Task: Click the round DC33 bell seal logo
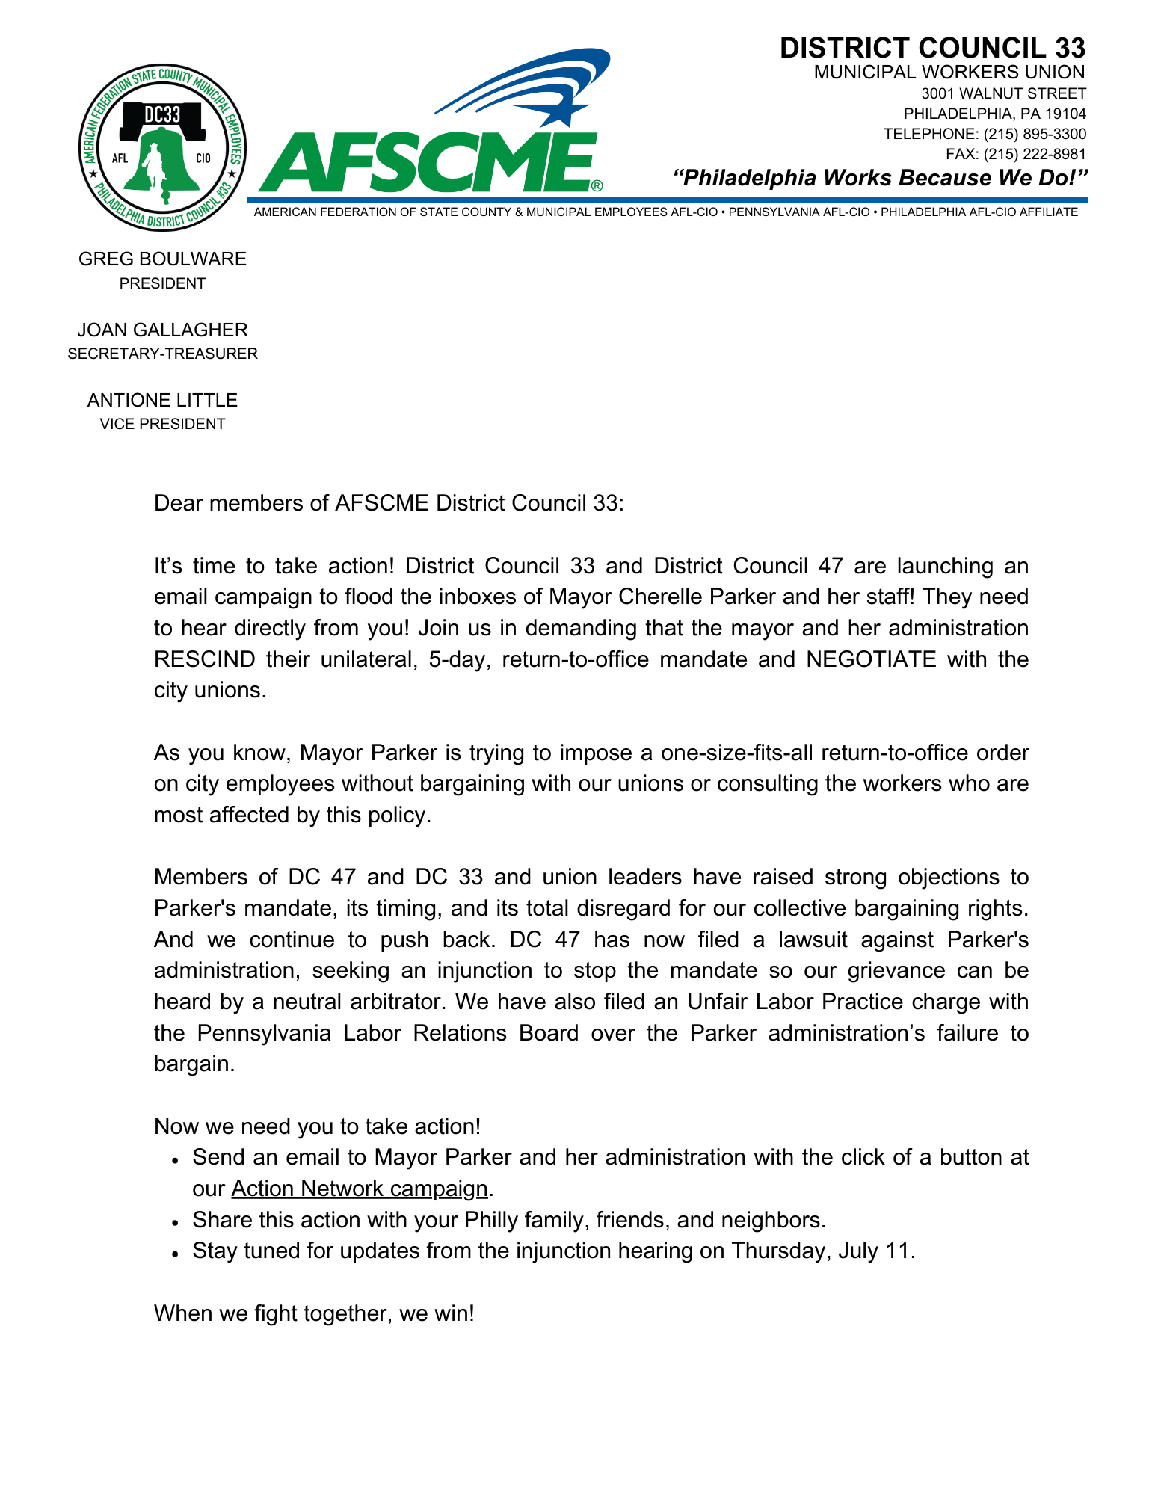point(162,147)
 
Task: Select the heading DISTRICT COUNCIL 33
point(932,49)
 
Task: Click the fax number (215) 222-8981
point(1035,155)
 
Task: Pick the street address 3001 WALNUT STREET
point(1003,93)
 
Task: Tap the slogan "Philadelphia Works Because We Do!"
point(879,178)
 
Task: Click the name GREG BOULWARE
point(162,259)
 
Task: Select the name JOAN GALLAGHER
point(162,330)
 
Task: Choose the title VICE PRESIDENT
point(162,424)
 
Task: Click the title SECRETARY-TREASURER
point(162,354)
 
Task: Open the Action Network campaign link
point(359,1189)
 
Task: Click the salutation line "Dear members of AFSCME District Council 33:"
point(388,503)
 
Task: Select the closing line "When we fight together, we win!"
point(314,1313)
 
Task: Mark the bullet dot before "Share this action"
point(174,1222)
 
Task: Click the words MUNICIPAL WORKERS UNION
point(949,73)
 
